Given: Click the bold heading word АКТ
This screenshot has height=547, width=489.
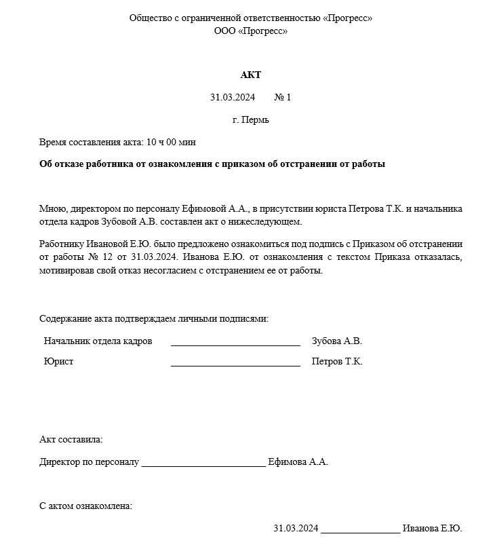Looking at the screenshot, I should tap(250, 75).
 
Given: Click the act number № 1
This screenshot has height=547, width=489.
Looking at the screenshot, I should tap(282, 98).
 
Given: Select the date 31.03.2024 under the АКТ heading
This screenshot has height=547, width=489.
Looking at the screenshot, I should tap(232, 98).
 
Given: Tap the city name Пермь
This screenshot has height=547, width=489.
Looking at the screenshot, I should tap(256, 120).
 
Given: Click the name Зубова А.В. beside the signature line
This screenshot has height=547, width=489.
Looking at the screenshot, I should tap(337, 341).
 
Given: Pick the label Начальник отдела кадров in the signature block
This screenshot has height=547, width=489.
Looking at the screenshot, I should tap(98, 341).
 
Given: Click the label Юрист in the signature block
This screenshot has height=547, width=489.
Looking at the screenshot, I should tap(59, 362).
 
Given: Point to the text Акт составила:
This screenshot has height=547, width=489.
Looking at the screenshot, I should tap(71, 440).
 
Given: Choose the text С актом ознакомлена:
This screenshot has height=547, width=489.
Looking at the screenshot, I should tap(85, 506).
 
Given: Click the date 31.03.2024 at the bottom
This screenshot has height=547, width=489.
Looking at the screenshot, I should tap(296, 529).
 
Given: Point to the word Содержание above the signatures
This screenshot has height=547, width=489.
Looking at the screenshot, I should tap(64, 318).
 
